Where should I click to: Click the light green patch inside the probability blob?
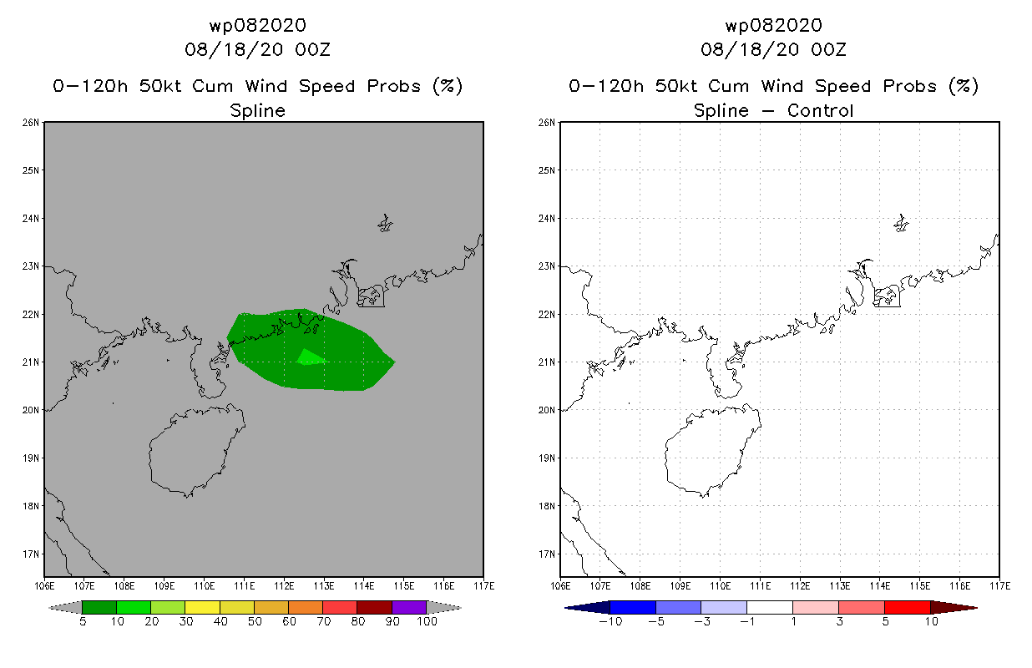pyautogui.click(x=309, y=357)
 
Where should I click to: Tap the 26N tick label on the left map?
pyautogui.click(x=31, y=123)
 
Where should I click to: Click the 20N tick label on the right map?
pyautogui.click(x=547, y=410)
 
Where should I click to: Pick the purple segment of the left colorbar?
pyautogui.click(x=409, y=607)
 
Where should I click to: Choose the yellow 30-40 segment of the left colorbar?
pyautogui.click(x=202, y=607)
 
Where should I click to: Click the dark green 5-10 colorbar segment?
pyautogui.click(x=99, y=607)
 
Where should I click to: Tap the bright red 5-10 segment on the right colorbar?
pyautogui.click(x=907, y=607)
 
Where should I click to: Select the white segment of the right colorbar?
pyautogui.click(x=769, y=607)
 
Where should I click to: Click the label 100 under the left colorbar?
pyautogui.click(x=427, y=621)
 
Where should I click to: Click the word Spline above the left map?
pyautogui.click(x=257, y=110)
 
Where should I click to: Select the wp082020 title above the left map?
pyautogui.click(x=257, y=26)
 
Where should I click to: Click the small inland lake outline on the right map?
pyautogui.click(x=901, y=224)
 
